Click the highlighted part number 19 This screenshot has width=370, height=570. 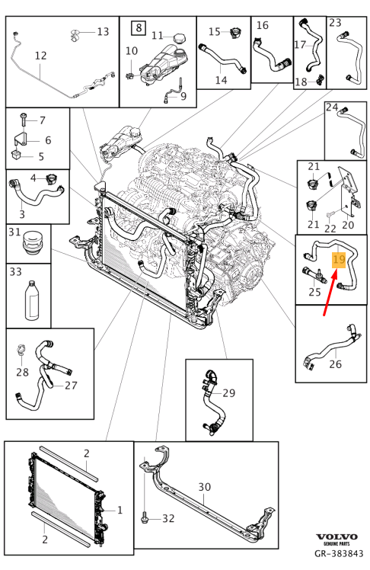click(339, 259)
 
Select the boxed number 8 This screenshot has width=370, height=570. click(139, 27)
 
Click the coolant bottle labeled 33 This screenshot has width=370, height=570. click(31, 300)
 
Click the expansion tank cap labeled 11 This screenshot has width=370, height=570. click(180, 38)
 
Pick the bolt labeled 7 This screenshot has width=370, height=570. click(23, 120)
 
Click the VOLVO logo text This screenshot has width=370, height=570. click(337, 537)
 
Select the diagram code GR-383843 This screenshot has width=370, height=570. click(339, 554)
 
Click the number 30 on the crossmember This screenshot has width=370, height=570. click(205, 487)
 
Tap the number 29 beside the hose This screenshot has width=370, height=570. click(228, 393)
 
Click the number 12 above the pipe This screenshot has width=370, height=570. click(40, 56)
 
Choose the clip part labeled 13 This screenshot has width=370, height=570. click(75, 35)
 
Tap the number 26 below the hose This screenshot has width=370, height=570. click(335, 364)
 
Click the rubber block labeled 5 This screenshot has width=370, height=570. click(18, 155)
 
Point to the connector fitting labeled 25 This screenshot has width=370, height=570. click(314, 275)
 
